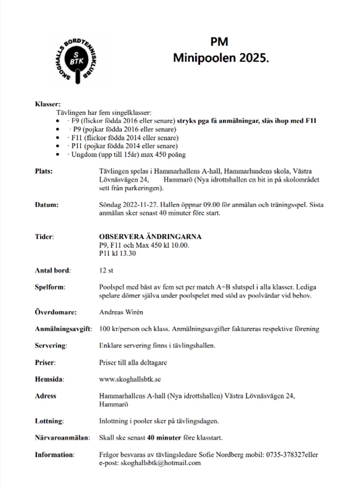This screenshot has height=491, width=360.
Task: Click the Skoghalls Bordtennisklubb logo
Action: [76, 59]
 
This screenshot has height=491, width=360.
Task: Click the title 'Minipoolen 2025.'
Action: [221, 58]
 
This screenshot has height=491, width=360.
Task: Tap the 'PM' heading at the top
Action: [219, 42]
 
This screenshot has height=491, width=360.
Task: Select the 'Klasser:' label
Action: [48, 104]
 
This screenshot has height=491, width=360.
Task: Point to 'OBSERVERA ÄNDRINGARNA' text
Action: [150, 237]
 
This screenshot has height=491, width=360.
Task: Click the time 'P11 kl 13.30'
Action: [117, 253]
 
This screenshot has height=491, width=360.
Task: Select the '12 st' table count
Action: [106, 270]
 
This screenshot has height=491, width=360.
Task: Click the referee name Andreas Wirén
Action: [121, 312]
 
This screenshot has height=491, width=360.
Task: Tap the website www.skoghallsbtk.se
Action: [130, 379]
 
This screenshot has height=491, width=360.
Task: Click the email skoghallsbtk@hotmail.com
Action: [161, 463]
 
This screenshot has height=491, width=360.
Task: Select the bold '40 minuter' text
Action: [164, 438]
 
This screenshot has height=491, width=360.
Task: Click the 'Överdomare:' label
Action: [56, 312]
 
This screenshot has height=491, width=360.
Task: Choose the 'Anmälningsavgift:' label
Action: [63, 329]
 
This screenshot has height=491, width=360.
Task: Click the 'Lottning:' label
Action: [49, 421]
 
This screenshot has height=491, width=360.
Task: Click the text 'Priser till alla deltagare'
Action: [133, 362]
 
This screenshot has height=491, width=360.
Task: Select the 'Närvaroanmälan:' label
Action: [62, 438]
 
